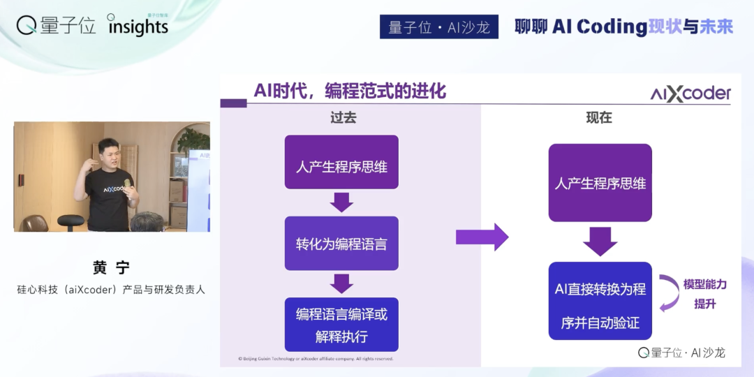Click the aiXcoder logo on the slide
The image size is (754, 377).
coord(690,94)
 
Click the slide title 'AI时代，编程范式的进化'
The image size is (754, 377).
coord(350,91)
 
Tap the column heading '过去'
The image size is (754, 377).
coord(343,118)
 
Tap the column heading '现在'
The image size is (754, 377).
coord(599,118)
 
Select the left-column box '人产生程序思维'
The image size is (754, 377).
coord(341,167)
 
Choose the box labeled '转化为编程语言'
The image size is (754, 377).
coord(341,244)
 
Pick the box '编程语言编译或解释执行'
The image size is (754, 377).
coord(341,325)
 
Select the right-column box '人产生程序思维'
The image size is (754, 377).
coord(600,184)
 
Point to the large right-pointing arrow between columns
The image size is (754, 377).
coord(482,237)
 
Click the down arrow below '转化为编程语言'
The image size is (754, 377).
coord(341,283)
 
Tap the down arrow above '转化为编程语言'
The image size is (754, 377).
coord(341,202)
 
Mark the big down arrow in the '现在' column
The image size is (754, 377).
coord(600,241)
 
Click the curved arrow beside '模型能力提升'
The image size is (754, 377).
coord(670,293)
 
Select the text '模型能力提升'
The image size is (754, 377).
coord(704,294)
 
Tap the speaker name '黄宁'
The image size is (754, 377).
coord(112,267)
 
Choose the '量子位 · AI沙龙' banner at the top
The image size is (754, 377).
coord(439,27)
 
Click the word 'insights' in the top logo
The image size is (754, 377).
coord(138,27)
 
